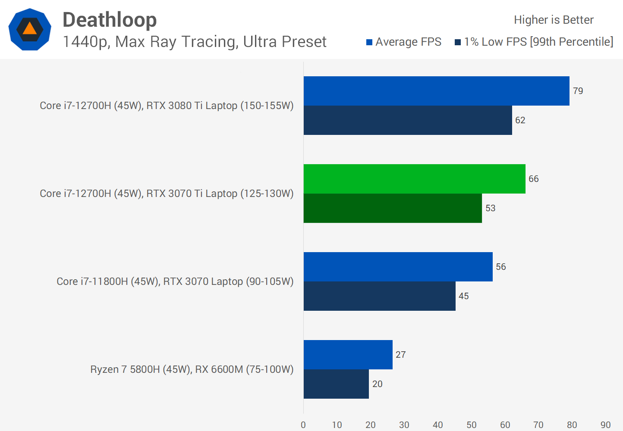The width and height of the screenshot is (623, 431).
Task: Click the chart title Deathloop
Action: [x=110, y=20]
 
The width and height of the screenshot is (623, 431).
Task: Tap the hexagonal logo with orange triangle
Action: [x=30, y=29]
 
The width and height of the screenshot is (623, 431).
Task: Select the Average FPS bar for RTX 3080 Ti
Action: [x=436, y=91]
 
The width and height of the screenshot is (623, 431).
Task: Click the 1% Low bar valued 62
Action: [x=408, y=120]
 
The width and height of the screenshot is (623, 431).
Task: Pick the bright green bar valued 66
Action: [x=414, y=179]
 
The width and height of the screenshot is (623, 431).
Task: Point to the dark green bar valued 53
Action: [x=393, y=208]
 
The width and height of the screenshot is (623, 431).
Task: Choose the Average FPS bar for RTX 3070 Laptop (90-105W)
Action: [x=398, y=267]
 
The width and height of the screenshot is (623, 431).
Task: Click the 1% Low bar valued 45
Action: [x=379, y=296]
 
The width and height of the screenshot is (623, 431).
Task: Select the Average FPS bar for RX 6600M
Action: [x=348, y=355]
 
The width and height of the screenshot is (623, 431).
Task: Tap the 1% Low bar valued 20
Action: [x=336, y=384]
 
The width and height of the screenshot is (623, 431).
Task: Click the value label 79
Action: [x=578, y=91]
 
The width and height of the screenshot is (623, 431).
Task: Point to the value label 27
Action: [x=400, y=355]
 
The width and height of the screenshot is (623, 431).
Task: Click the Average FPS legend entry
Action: [x=404, y=42]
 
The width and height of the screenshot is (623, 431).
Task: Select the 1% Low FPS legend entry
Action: [x=534, y=42]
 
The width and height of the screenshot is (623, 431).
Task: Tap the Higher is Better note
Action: [x=554, y=20]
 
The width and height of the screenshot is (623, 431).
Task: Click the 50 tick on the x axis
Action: [x=471, y=425]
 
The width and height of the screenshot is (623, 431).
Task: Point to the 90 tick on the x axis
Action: [x=605, y=425]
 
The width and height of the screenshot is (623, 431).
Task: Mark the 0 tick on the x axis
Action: [x=303, y=425]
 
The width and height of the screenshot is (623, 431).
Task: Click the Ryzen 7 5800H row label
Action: [x=192, y=369]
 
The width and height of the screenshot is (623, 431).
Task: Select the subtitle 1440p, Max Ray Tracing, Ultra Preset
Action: [x=194, y=42]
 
